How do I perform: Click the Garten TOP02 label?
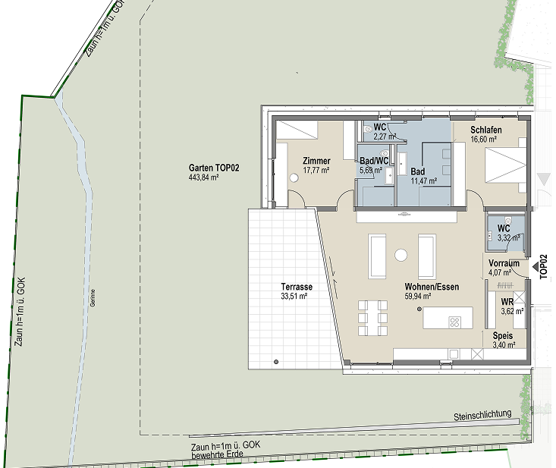click(x=214, y=168)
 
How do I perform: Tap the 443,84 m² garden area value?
click(x=203, y=177)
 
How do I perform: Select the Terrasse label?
click(x=297, y=287)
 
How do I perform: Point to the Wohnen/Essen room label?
click(x=432, y=287)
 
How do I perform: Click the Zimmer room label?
click(x=316, y=161)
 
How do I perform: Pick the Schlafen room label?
click(x=486, y=130)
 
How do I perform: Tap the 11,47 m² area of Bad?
click(x=424, y=181)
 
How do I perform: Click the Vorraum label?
click(x=504, y=263)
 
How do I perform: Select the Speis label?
click(x=503, y=335)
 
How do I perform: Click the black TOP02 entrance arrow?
click(x=536, y=266)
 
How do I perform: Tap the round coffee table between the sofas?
click(x=401, y=255)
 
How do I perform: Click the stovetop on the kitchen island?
click(x=455, y=322)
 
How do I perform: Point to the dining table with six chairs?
click(x=372, y=318)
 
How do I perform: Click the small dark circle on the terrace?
click(x=276, y=362)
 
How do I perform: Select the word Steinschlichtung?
click(x=482, y=415)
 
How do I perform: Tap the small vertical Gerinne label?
click(x=93, y=298)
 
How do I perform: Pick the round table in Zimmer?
click(x=294, y=177)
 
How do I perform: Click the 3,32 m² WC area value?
click(x=509, y=237)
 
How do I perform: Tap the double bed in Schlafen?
click(x=505, y=165)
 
